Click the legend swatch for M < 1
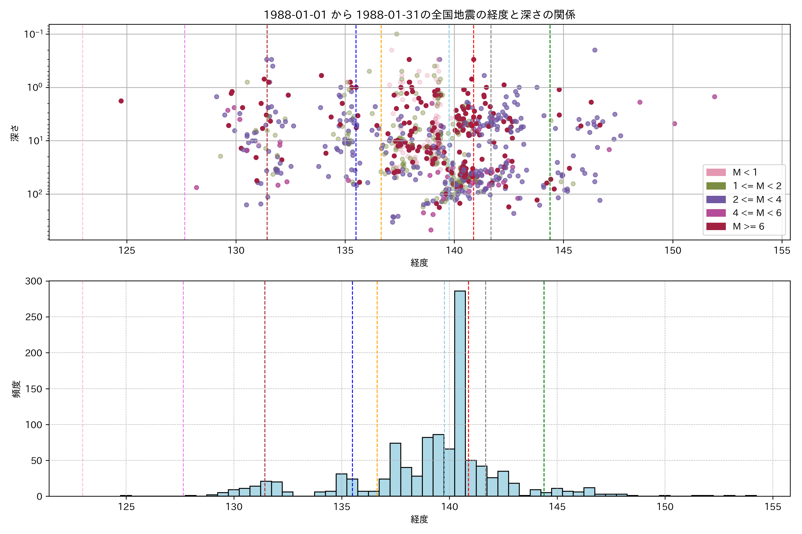tap(716, 172)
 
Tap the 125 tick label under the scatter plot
tap(127, 251)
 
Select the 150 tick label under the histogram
tap(665, 507)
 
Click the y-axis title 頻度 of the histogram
tap(16, 389)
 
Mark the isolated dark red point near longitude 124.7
tap(121, 101)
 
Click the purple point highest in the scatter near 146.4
tap(595, 50)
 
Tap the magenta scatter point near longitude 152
tap(715, 97)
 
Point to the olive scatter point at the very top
tap(397, 34)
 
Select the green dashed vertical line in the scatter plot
tap(550, 136)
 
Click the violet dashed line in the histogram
tap(183, 388)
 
